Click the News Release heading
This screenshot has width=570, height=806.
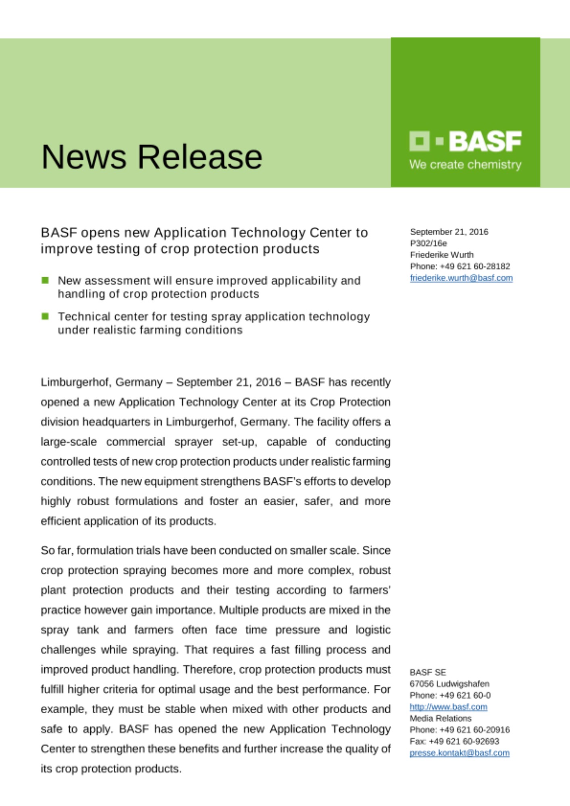click(x=152, y=157)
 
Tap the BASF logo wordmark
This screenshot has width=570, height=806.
click(x=485, y=141)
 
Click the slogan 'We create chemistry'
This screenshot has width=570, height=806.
click(x=465, y=165)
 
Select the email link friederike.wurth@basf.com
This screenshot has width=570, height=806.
click(x=461, y=278)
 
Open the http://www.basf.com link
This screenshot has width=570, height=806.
click(x=448, y=707)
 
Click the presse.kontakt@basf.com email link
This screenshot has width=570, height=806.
click(x=459, y=753)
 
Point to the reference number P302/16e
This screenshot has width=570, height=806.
click(x=428, y=243)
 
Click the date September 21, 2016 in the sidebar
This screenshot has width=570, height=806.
click(x=449, y=232)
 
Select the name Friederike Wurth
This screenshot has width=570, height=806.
click(x=442, y=255)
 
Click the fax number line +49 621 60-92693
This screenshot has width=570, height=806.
click(x=454, y=741)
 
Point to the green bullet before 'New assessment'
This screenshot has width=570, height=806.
click(x=45, y=280)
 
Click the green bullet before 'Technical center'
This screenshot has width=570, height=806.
click(x=45, y=316)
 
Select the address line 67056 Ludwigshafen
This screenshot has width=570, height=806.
click(x=449, y=684)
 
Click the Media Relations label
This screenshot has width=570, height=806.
click(x=440, y=718)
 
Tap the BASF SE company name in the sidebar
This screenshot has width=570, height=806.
click(x=428, y=672)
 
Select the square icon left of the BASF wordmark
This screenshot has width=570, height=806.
click(x=419, y=141)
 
